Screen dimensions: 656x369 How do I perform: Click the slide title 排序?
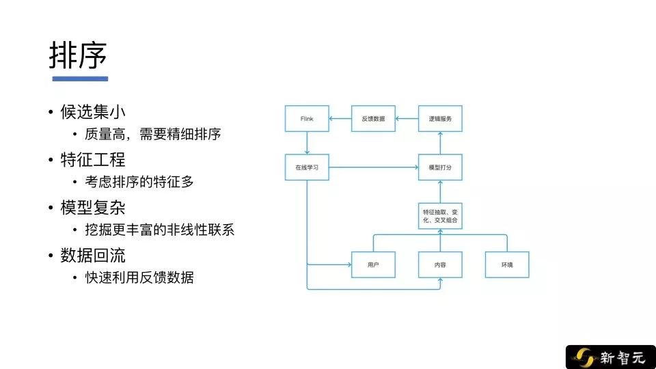click(78, 55)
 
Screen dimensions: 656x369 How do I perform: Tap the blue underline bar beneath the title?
click(80, 79)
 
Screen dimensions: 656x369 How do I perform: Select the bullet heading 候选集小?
click(93, 111)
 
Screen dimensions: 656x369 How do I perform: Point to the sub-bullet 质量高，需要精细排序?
click(152, 135)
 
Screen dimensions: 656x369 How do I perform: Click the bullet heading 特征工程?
click(93, 159)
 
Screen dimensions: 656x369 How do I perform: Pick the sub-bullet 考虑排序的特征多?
click(139, 182)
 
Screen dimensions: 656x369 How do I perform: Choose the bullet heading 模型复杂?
click(93, 208)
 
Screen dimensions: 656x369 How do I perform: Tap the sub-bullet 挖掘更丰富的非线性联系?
click(159, 230)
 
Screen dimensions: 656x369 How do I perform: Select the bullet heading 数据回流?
click(93, 255)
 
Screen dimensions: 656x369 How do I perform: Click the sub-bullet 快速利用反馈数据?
click(139, 277)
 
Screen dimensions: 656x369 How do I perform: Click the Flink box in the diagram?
click(307, 119)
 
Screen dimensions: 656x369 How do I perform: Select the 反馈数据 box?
click(373, 119)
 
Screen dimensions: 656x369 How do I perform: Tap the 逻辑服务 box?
click(440, 119)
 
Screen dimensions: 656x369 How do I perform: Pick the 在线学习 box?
click(307, 167)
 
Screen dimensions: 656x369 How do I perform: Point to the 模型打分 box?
click(440, 167)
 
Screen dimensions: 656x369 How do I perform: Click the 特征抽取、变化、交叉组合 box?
click(440, 216)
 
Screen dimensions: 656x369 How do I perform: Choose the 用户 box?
click(373, 265)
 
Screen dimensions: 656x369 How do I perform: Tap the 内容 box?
click(440, 265)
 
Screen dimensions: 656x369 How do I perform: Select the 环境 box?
click(507, 265)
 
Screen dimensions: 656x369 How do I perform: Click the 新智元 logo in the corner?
click(610, 357)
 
